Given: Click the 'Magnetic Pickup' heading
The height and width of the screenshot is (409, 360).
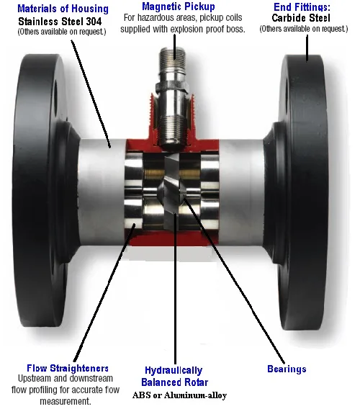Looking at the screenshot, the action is point(179,6).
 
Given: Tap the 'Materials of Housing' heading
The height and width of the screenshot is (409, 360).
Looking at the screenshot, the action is point(63,9).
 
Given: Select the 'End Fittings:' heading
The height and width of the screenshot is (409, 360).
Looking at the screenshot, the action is point(302,6).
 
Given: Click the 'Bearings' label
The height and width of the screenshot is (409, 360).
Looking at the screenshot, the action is point(287,369).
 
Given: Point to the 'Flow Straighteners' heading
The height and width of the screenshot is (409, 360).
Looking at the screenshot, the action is point(68,368).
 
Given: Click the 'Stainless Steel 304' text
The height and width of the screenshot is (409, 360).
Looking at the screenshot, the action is point(60,21).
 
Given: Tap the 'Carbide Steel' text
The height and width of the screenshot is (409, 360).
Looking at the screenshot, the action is point(301,18).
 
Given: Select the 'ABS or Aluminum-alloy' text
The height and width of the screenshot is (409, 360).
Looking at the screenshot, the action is point(179,395).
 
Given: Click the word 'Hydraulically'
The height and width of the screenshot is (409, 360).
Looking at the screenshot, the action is point(174,370).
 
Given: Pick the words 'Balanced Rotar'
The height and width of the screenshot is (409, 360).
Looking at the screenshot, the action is point(174,382).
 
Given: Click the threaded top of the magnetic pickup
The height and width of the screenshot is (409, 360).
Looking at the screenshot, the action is point(172,54).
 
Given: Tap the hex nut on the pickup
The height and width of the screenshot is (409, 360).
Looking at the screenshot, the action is point(172,87).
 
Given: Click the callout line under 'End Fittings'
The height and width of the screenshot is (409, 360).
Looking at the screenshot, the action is point(307,48).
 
